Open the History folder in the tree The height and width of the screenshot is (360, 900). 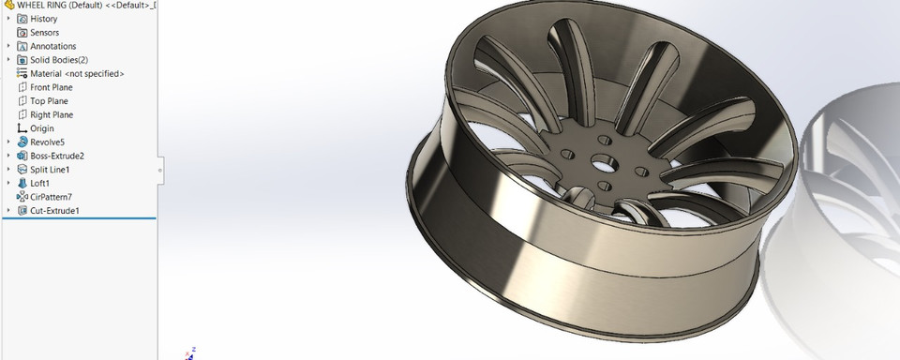pos(43,19)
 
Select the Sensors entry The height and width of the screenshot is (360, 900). pos(45,32)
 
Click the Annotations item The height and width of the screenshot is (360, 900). pos(52,46)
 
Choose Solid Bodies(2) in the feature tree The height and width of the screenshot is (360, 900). pos(59,60)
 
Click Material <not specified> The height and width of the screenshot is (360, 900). pos(77,73)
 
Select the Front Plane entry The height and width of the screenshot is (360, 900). pos(51,87)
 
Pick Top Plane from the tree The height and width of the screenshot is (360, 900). pos(49,101)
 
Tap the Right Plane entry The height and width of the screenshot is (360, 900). pos(52,114)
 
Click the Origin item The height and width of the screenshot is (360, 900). pos(41,128)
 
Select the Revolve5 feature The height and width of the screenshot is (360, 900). pos(47,142)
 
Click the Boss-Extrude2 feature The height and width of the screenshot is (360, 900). pos(56,156)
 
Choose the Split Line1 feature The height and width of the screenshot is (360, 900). pos(50,170)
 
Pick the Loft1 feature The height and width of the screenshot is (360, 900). pos(41,184)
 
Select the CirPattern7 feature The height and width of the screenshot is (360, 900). pos(51,197)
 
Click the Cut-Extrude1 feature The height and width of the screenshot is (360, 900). pos(54,211)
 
